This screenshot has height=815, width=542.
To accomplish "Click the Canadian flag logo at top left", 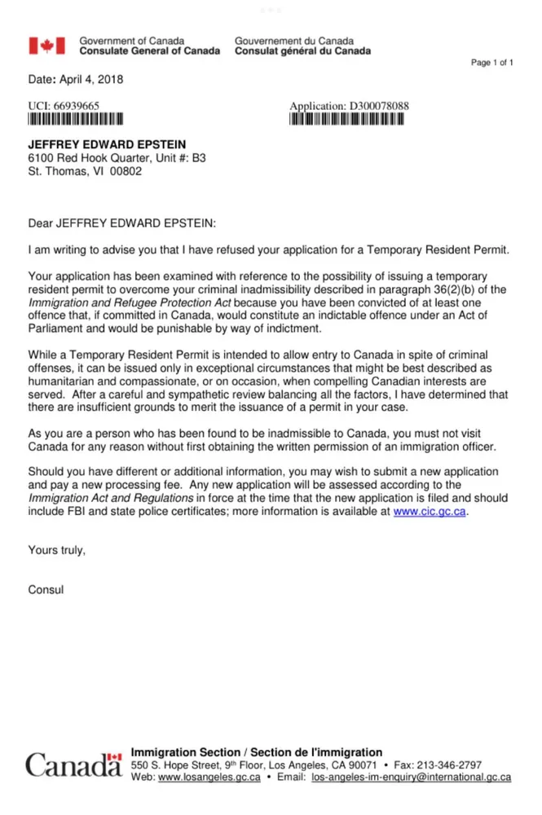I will click(x=47, y=46).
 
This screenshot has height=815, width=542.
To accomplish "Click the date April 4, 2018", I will click(x=88, y=80).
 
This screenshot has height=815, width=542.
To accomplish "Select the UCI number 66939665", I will click(x=76, y=106).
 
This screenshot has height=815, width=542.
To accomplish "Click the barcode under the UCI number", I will click(x=75, y=118).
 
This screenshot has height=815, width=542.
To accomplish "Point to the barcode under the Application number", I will click(x=346, y=118).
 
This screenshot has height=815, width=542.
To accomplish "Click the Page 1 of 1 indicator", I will click(x=492, y=63).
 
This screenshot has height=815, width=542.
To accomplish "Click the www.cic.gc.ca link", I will click(x=430, y=511).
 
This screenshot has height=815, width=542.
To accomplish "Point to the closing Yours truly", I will click(x=56, y=550).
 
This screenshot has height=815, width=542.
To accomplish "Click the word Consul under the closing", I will click(x=46, y=588).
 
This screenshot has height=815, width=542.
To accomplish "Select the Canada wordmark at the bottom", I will click(x=73, y=765).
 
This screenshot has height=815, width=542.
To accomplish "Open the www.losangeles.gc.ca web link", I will click(x=209, y=778).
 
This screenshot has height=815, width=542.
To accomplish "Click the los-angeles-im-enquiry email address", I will click(x=411, y=778).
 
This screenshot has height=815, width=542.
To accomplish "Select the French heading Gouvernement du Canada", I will click(x=293, y=40).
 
